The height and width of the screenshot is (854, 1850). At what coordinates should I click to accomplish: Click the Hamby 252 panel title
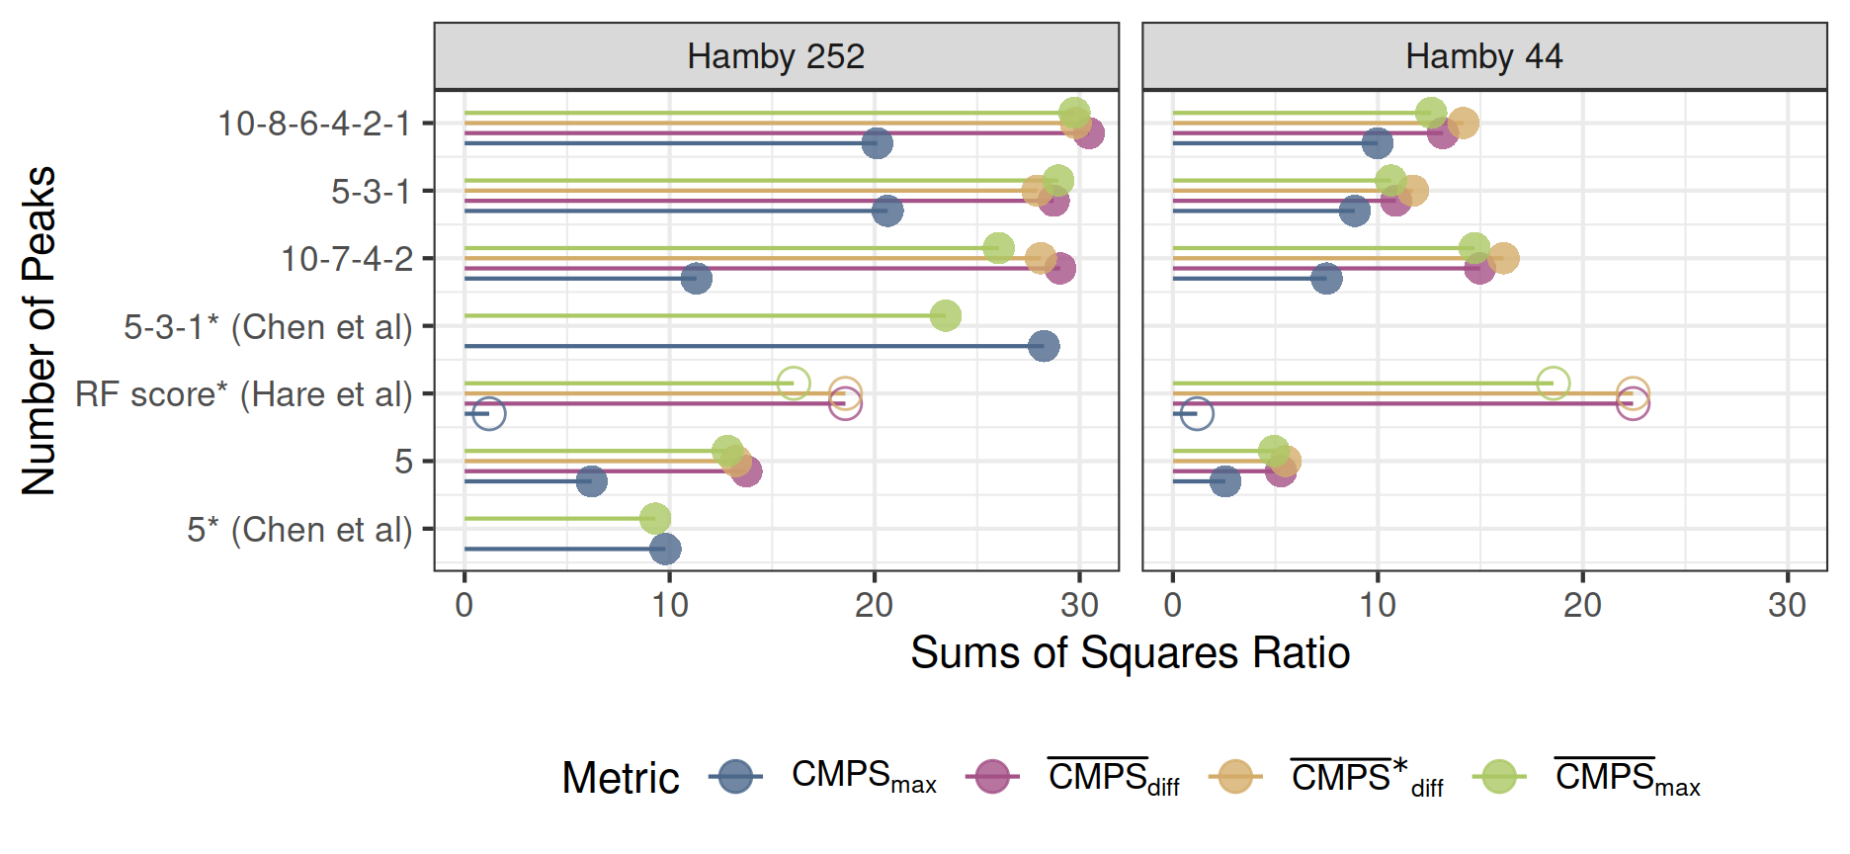pos(776,56)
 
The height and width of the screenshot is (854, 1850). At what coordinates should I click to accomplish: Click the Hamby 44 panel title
pos(1483,56)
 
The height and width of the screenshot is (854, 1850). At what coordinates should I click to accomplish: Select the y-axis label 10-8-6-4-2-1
pos(313,124)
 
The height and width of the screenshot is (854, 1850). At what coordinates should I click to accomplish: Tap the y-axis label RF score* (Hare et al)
pos(244,394)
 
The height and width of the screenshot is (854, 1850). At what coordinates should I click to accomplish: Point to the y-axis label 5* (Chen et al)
pos(299,530)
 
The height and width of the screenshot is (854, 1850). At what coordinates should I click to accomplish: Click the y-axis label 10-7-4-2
pos(347,259)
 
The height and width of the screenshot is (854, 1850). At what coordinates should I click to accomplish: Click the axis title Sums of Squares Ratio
pos(1130,653)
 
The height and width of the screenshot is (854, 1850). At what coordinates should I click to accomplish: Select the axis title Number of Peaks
pos(39,330)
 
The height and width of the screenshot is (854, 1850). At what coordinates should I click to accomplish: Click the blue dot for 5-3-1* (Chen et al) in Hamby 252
pos(1044,346)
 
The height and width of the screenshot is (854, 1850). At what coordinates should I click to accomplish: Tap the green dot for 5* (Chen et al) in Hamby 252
pos(654,518)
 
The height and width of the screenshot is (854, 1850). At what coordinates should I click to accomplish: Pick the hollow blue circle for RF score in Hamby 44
pos(1197,413)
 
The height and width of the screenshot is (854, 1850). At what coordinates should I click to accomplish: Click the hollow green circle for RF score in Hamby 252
pos(794,383)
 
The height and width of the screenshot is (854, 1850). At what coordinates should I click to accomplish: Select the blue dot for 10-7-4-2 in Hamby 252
pos(696,278)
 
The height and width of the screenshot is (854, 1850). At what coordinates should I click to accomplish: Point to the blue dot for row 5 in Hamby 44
pos(1224,481)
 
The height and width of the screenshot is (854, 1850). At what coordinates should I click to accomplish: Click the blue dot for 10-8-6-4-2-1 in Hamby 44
pos(1377,143)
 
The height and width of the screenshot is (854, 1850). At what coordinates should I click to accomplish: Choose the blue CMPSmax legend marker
pos(735,777)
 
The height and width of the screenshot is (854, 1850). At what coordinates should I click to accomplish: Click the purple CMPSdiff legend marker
pos(992,777)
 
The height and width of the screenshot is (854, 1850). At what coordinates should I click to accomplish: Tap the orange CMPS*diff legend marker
pos(1235,777)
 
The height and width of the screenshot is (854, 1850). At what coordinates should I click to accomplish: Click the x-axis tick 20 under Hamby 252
pos(874,605)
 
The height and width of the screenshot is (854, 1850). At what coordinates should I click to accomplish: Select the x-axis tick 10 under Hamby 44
pos(1378,605)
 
